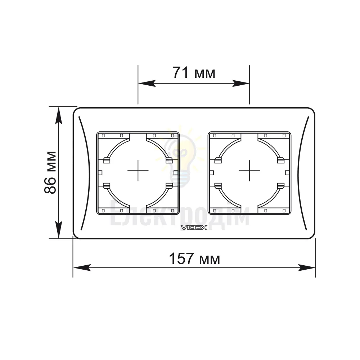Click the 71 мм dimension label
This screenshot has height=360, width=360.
(x=194, y=73)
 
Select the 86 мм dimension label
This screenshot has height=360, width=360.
(x=50, y=172)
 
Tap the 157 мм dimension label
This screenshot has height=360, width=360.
(x=194, y=258)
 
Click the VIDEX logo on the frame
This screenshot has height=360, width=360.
(x=194, y=228)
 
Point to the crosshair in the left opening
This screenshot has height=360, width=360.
(x=138, y=171)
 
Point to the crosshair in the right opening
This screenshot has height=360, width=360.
(x=249, y=171)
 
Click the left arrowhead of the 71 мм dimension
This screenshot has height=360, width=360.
(x=147, y=84)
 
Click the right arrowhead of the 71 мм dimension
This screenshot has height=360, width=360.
(x=240, y=84)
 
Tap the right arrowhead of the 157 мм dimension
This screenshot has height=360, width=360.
(x=307, y=267)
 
